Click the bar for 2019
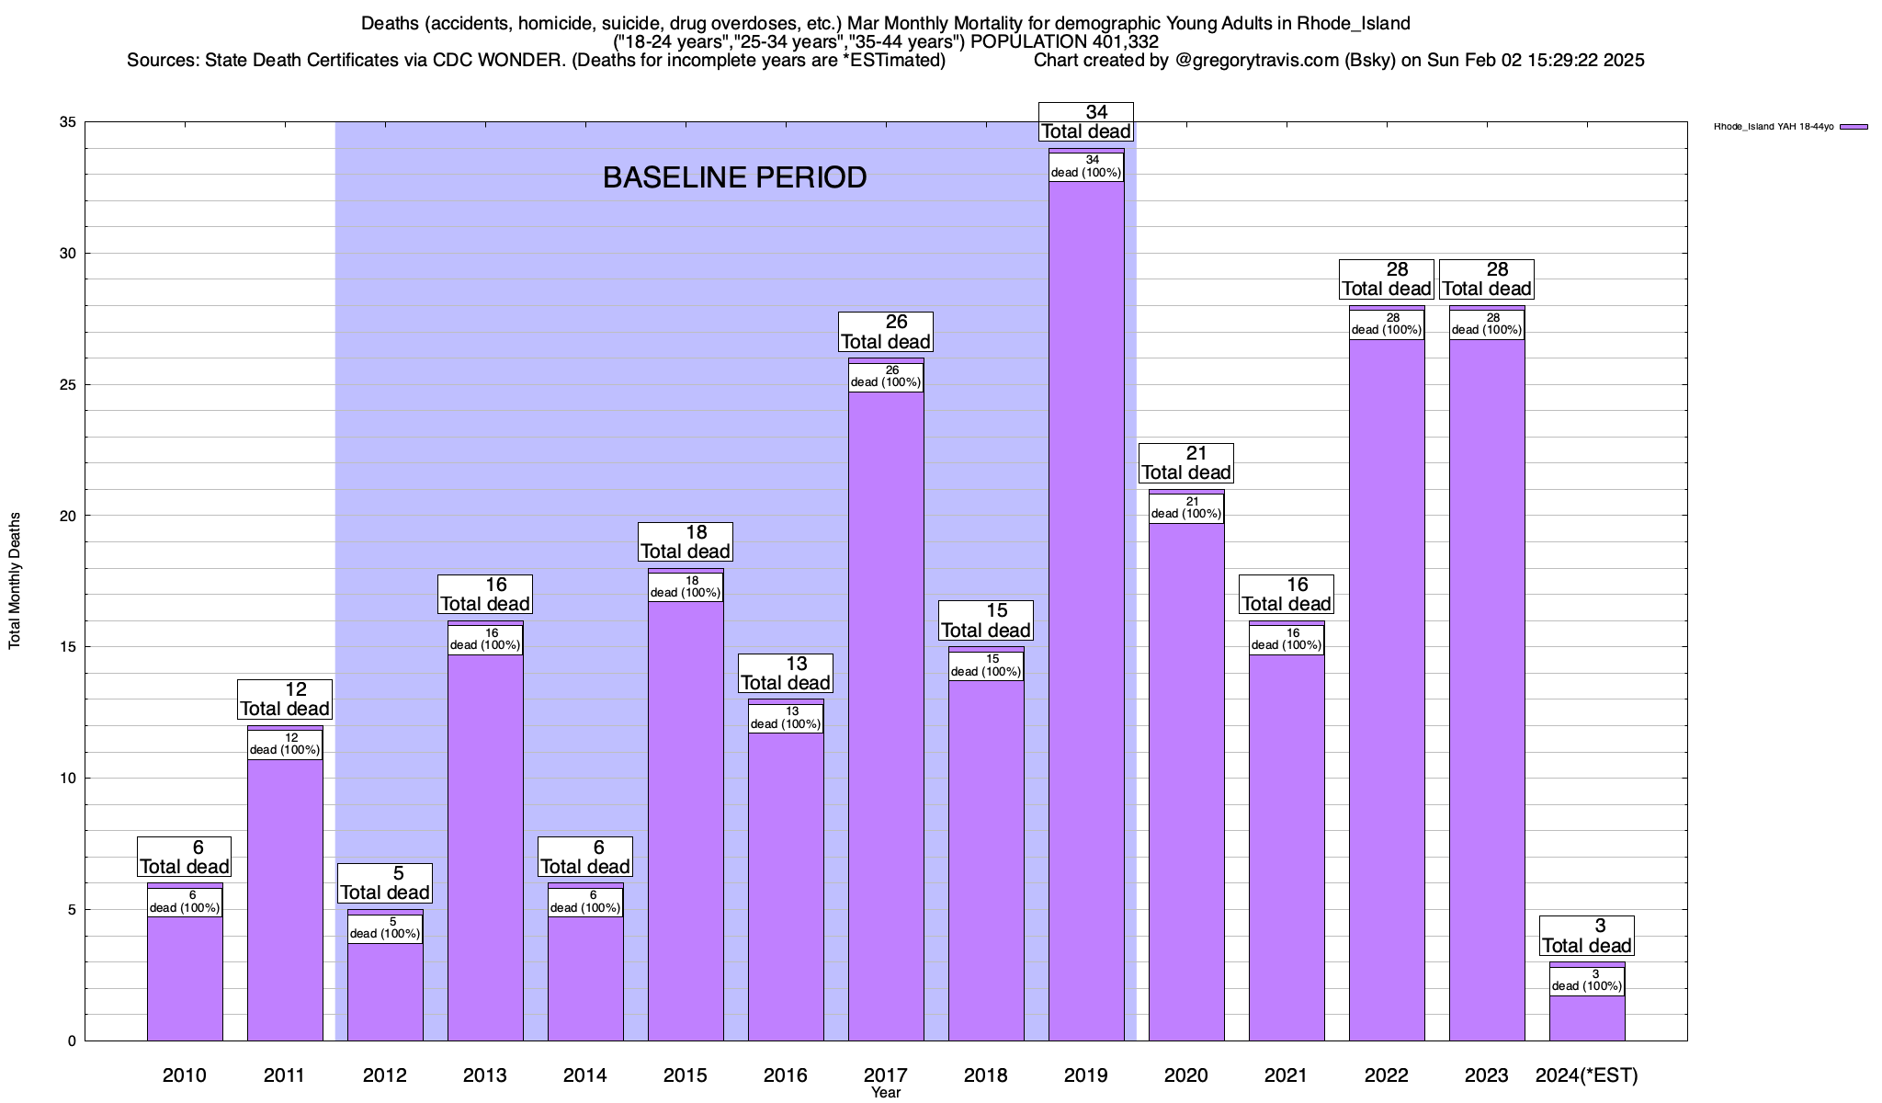(1086, 607)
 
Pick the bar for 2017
(886, 717)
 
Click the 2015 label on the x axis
(686, 1075)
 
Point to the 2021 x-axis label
(1287, 1075)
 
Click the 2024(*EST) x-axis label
(1587, 1075)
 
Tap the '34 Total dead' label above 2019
(1086, 122)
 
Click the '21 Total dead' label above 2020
(1186, 463)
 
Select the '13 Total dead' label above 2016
(786, 674)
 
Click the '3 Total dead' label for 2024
(1587, 936)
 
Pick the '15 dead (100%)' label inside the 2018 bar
(986, 665)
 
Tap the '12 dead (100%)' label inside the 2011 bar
(285, 745)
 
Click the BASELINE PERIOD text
(734, 177)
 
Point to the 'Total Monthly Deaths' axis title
(15, 581)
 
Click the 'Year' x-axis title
(886, 1093)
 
